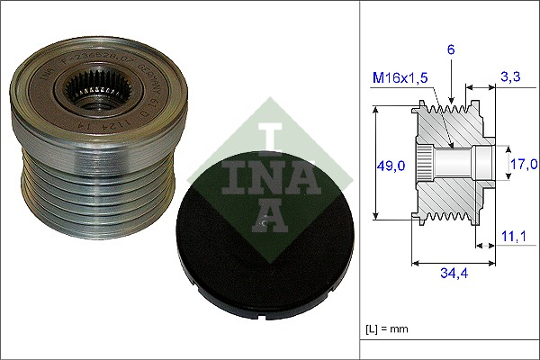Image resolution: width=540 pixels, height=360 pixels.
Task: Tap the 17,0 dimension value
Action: coord(523,164)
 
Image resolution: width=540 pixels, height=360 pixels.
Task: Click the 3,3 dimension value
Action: coord(510,78)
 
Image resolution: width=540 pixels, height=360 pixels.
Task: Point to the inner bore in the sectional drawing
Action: coord(454,164)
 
